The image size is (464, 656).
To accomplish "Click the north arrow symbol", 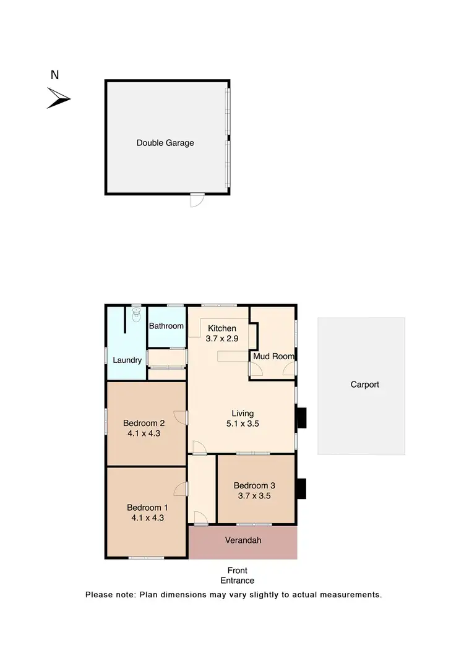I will pos(58,98).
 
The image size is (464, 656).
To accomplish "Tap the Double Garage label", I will pos(165,143).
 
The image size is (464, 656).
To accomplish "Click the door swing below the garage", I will pos(197,200).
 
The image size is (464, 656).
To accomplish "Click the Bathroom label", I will pos(166,326).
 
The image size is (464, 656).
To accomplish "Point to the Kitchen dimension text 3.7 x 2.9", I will pos(222,338).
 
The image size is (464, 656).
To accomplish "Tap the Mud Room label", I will pos(273,356).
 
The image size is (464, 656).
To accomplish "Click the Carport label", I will pos(364,385).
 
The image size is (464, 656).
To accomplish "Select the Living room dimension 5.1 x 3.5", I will pos(243,425).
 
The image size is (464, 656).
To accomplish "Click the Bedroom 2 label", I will pos(144,423).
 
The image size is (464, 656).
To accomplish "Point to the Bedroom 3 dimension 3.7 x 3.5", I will pos(255,495).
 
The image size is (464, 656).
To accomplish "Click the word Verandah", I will pos(243,540).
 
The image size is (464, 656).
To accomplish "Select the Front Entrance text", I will pos(237,576).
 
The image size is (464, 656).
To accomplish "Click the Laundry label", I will pos(127,360).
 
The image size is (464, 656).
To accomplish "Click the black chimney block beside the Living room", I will pos(301,418).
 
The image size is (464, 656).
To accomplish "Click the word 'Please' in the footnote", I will pos(98,595).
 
